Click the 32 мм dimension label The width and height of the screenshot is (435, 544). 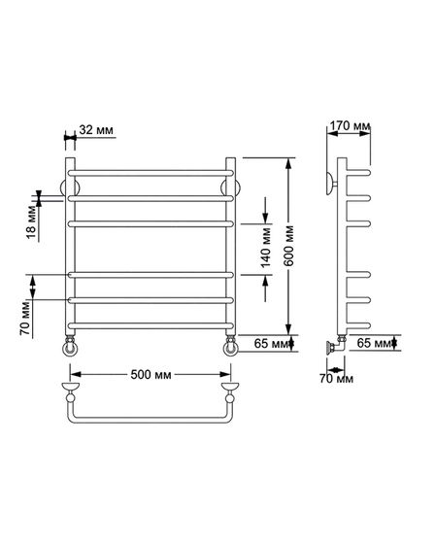click(x=96, y=130)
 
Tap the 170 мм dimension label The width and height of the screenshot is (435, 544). click(x=350, y=125)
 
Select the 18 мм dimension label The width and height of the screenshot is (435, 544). click(x=31, y=222)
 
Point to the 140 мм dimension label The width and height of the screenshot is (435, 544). click(x=266, y=248)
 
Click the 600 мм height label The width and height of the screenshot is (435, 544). click(x=288, y=246)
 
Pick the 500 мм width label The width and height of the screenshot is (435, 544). click(x=151, y=375)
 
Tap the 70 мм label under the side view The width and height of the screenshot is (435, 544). click(x=336, y=379)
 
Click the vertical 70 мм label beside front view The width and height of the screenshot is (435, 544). click(x=25, y=319)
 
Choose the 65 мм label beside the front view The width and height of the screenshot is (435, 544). click(x=272, y=344)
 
